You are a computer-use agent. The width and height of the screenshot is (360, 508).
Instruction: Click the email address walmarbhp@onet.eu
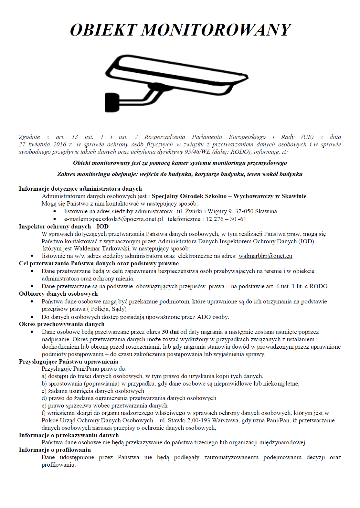coord(265,256)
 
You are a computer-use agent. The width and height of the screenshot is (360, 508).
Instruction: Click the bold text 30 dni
coord(170,332)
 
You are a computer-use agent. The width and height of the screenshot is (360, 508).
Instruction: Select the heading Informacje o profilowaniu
coord(55,450)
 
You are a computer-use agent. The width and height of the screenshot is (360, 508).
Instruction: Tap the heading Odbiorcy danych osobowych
coord(58,294)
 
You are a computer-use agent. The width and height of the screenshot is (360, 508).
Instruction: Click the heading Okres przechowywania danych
coord(62,324)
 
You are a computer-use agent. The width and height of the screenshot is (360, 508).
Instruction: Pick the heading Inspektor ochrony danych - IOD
coord(64,227)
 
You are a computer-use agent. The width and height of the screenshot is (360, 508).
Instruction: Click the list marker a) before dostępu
coord(44,376)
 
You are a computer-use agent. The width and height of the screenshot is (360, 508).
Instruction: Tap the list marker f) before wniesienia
coord(44,413)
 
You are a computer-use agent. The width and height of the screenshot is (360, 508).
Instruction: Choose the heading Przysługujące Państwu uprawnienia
coord(69,362)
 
